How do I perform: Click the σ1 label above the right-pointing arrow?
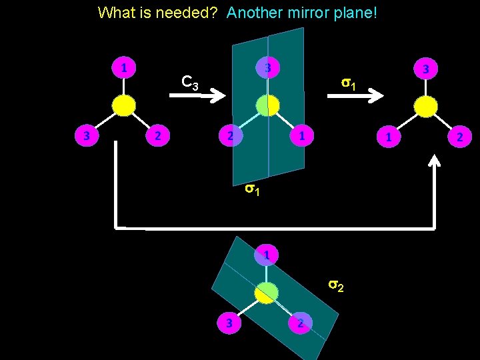pyautogui.click(x=348, y=84)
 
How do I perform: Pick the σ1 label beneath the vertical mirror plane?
pyautogui.click(x=251, y=189)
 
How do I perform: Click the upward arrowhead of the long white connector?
pyautogui.click(x=435, y=162)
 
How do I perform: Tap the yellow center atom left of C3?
pyautogui.click(x=123, y=105)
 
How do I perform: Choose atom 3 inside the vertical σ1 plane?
pyautogui.click(x=267, y=68)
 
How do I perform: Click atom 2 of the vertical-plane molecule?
pyautogui.click(x=230, y=136)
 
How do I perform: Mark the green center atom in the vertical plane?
pyautogui.click(x=267, y=105)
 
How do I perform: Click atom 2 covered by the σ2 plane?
pyautogui.click(x=301, y=323)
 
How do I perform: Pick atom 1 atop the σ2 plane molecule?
pyautogui.click(x=266, y=255)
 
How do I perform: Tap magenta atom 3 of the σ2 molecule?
pyautogui.click(x=229, y=323)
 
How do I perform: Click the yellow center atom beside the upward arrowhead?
pyautogui.click(x=425, y=107)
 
